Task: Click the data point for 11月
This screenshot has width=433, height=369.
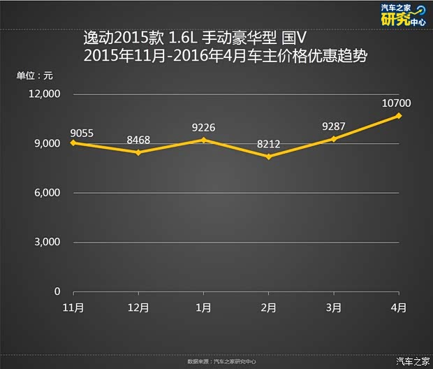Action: tap(73, 143)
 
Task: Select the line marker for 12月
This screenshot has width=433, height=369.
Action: tap(138, 152)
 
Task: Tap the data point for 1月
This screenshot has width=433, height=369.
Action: tap(203, 140)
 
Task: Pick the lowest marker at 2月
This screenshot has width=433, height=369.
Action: tap(268, 157)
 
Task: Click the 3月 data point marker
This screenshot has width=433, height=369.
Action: tap(334, 139)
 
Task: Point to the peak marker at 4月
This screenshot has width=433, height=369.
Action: tap(399, 115)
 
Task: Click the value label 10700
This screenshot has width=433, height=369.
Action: tap(397, 104)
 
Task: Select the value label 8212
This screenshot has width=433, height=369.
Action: tap(269, 145)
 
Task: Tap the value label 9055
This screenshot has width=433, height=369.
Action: tap(82, 132)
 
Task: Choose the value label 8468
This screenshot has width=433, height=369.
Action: tap(138, 140)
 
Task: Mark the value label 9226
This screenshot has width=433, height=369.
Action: tap(203, 128)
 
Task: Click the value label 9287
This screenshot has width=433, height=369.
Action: tap(334, 127)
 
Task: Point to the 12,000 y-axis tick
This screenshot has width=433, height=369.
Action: tap(45, 94)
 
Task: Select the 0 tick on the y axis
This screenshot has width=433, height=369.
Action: tap(57, 291)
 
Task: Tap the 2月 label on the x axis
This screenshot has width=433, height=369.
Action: tap(268, 307)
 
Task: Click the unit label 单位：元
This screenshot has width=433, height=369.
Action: tap(35, 75)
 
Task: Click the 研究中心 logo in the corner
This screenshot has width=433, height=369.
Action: tap(402, 16)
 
